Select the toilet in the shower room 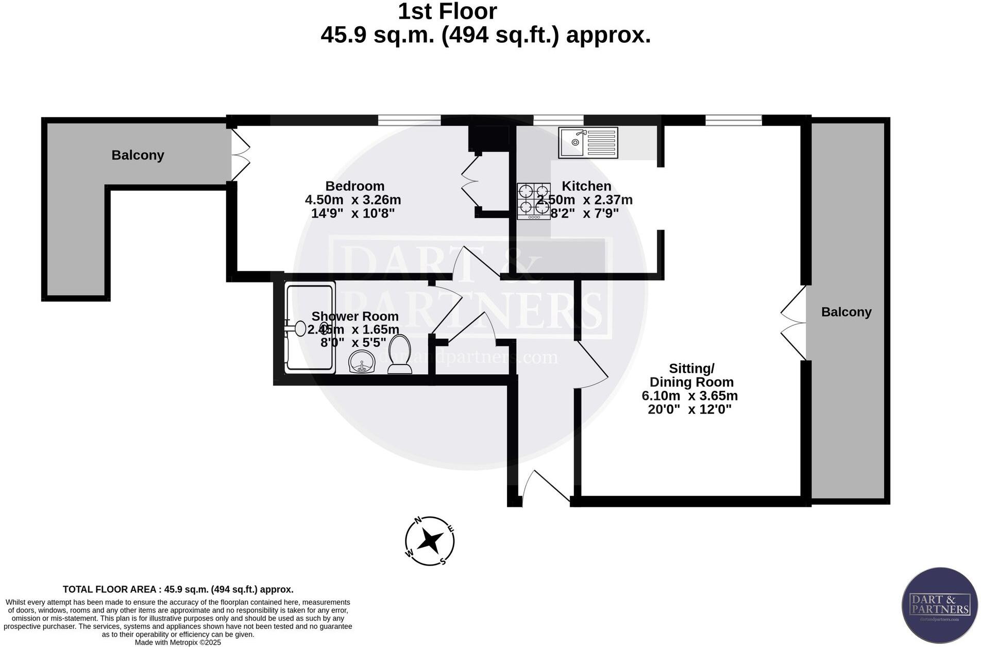[399, 355]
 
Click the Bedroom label [354, 186]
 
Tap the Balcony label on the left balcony [138, 155]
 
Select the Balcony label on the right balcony [846, 312]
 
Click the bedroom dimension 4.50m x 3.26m [353, 200]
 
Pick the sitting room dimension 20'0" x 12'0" [689, 410]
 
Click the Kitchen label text [586, 186]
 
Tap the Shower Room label [354, 317]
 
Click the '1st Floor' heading [447, 12]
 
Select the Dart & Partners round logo [939, 606]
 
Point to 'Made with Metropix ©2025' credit [178, 642]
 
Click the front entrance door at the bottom [546, 486]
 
